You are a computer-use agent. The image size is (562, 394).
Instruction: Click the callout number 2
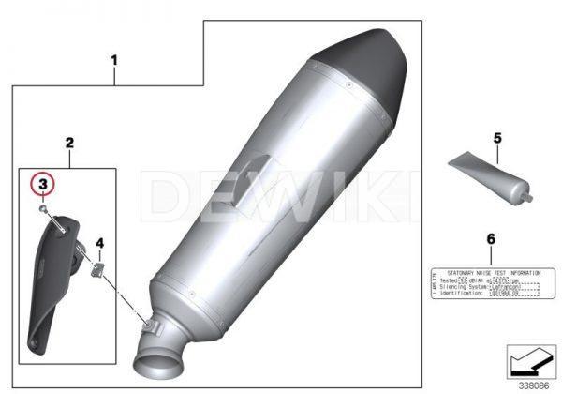(69, 143)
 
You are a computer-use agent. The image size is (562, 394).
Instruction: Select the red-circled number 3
(41, 184)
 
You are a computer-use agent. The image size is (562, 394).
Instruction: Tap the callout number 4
(100, 243)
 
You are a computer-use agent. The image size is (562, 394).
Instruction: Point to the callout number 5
(498, 138)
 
